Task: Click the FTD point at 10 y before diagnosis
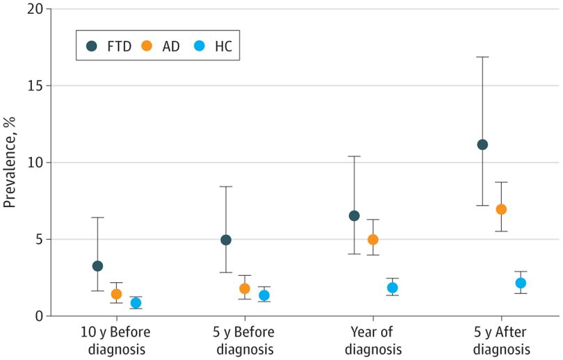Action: click(x=97, y=266)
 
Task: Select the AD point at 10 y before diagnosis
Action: click(x=117, y=294)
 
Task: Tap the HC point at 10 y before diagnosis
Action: click(x=136, y=303)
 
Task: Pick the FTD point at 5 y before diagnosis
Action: click(x=226, y=240)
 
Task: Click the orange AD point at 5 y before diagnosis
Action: click(x=245, y=288)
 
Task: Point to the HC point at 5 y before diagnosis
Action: click(x=264, y=295)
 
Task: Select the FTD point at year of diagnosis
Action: click(x=354, y=216)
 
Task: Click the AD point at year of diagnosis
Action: click(x=373, y=240)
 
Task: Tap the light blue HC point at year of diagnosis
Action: click(x=392, y=288)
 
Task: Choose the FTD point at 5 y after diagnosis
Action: click(x=482, y=145)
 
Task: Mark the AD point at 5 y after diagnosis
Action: click(x=501, y=209)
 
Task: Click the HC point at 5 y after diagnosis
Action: click(x=521, y=283)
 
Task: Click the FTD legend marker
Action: click(x=92, y=47)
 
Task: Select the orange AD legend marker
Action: click(x=147, y=47)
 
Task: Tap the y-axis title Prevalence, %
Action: click(x=10, y=163)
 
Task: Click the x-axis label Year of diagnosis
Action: click(x=373, y=339)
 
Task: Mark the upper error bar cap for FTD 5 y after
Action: click(x=482, y=57)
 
